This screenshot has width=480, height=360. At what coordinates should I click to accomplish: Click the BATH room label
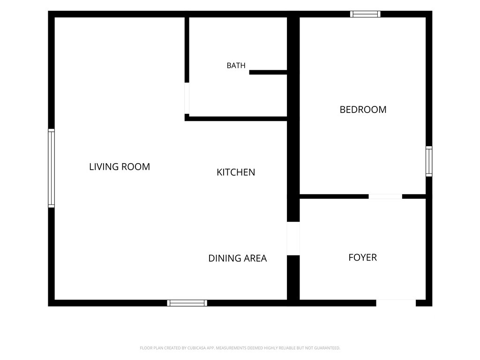(236, 66)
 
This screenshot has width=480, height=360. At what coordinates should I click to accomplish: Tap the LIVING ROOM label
(120, 167)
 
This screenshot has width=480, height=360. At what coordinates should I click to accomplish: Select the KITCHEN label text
(236, 172)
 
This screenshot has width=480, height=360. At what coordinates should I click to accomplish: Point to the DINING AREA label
(238, 258)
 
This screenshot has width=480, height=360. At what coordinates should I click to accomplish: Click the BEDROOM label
(363, 110)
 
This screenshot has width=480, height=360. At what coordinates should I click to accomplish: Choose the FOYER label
(363, 257)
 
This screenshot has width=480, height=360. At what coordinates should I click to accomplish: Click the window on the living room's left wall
(52, 168)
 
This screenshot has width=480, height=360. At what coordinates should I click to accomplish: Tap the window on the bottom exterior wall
(187, 303)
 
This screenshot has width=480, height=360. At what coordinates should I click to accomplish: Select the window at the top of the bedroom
(366, 14)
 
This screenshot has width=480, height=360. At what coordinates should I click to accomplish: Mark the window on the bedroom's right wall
(429, 161)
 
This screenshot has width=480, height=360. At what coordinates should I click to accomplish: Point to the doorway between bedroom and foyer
(385, 196)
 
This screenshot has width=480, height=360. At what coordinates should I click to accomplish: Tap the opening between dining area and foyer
(293, 239)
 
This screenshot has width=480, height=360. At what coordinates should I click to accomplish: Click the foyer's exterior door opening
(396, 303)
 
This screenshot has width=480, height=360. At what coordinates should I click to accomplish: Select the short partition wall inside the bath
(268, 73)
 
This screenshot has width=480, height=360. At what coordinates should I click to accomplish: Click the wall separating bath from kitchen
(236, 119)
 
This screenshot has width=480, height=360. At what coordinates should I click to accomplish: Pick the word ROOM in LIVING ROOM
(136, 167)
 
